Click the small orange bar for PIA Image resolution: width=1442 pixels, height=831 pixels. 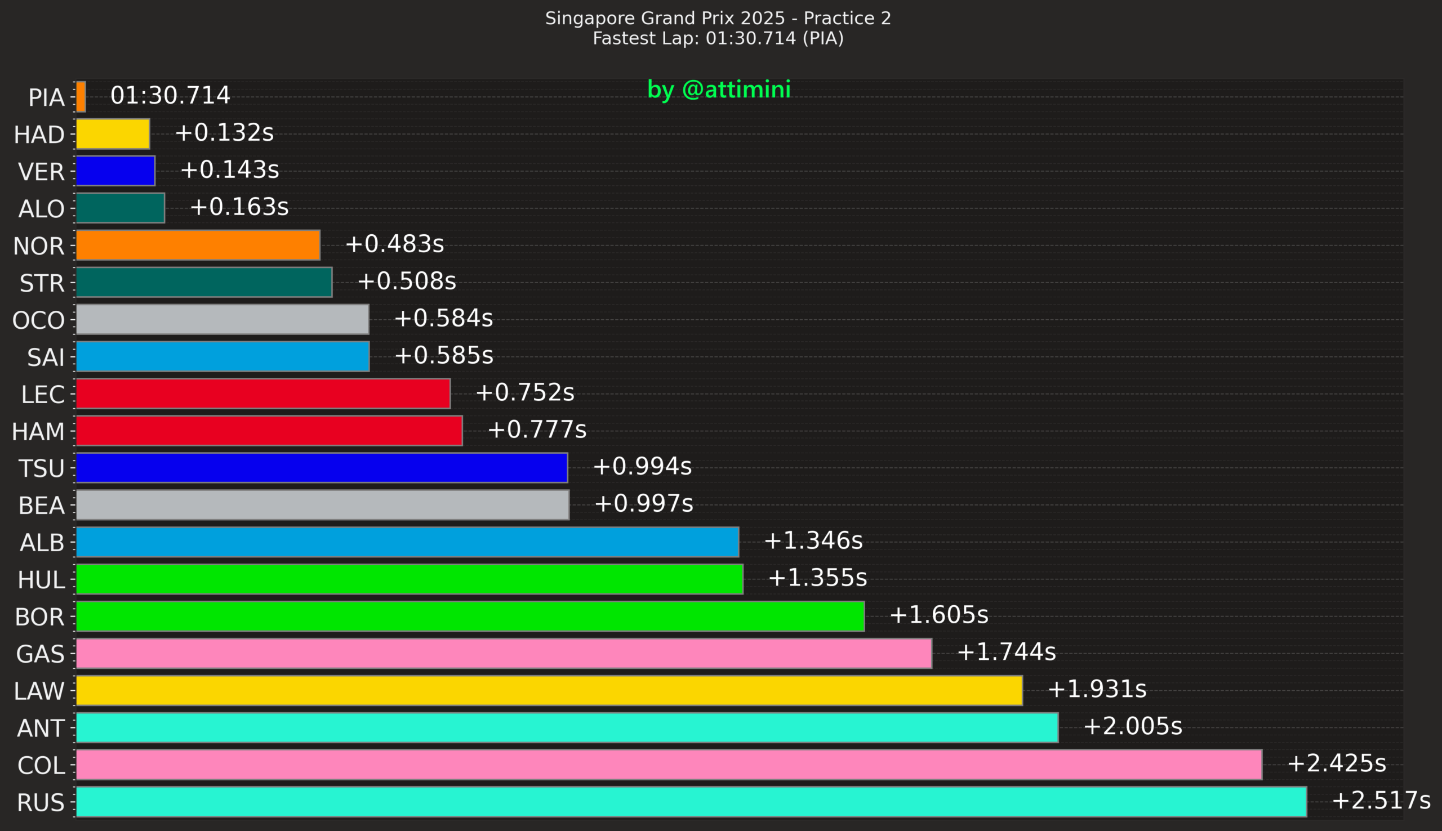point(81,96)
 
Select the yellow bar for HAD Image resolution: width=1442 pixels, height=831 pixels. point(113,133)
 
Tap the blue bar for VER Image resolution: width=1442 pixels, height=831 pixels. point(115,171)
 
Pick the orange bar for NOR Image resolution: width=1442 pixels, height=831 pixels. point(198,245)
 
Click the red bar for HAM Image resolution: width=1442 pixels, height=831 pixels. point(269,430)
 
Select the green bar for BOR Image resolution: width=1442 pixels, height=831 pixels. point(470,616)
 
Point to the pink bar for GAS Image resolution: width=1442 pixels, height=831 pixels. point(504,654)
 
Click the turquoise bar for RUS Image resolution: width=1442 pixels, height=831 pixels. point(691,802)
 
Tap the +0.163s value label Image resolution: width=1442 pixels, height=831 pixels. point(239,207)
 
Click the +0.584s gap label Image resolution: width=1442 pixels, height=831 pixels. point(443,318)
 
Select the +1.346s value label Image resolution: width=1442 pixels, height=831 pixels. point(813,540)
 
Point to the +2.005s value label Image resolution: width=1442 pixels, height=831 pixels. point(1132,726)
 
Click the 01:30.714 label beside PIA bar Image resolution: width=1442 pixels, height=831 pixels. point(170,95)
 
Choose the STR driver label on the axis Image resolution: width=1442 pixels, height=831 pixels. point(42,283)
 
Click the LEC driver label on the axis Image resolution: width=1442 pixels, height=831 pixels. point(42,394)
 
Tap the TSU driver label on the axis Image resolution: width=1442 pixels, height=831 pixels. point(41,468)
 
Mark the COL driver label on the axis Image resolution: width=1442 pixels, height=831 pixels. point(41,765)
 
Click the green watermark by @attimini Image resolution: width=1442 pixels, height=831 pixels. point(719,90)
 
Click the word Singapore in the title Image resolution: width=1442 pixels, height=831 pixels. point(590,18)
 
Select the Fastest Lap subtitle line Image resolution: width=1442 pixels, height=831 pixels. point(718,38)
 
